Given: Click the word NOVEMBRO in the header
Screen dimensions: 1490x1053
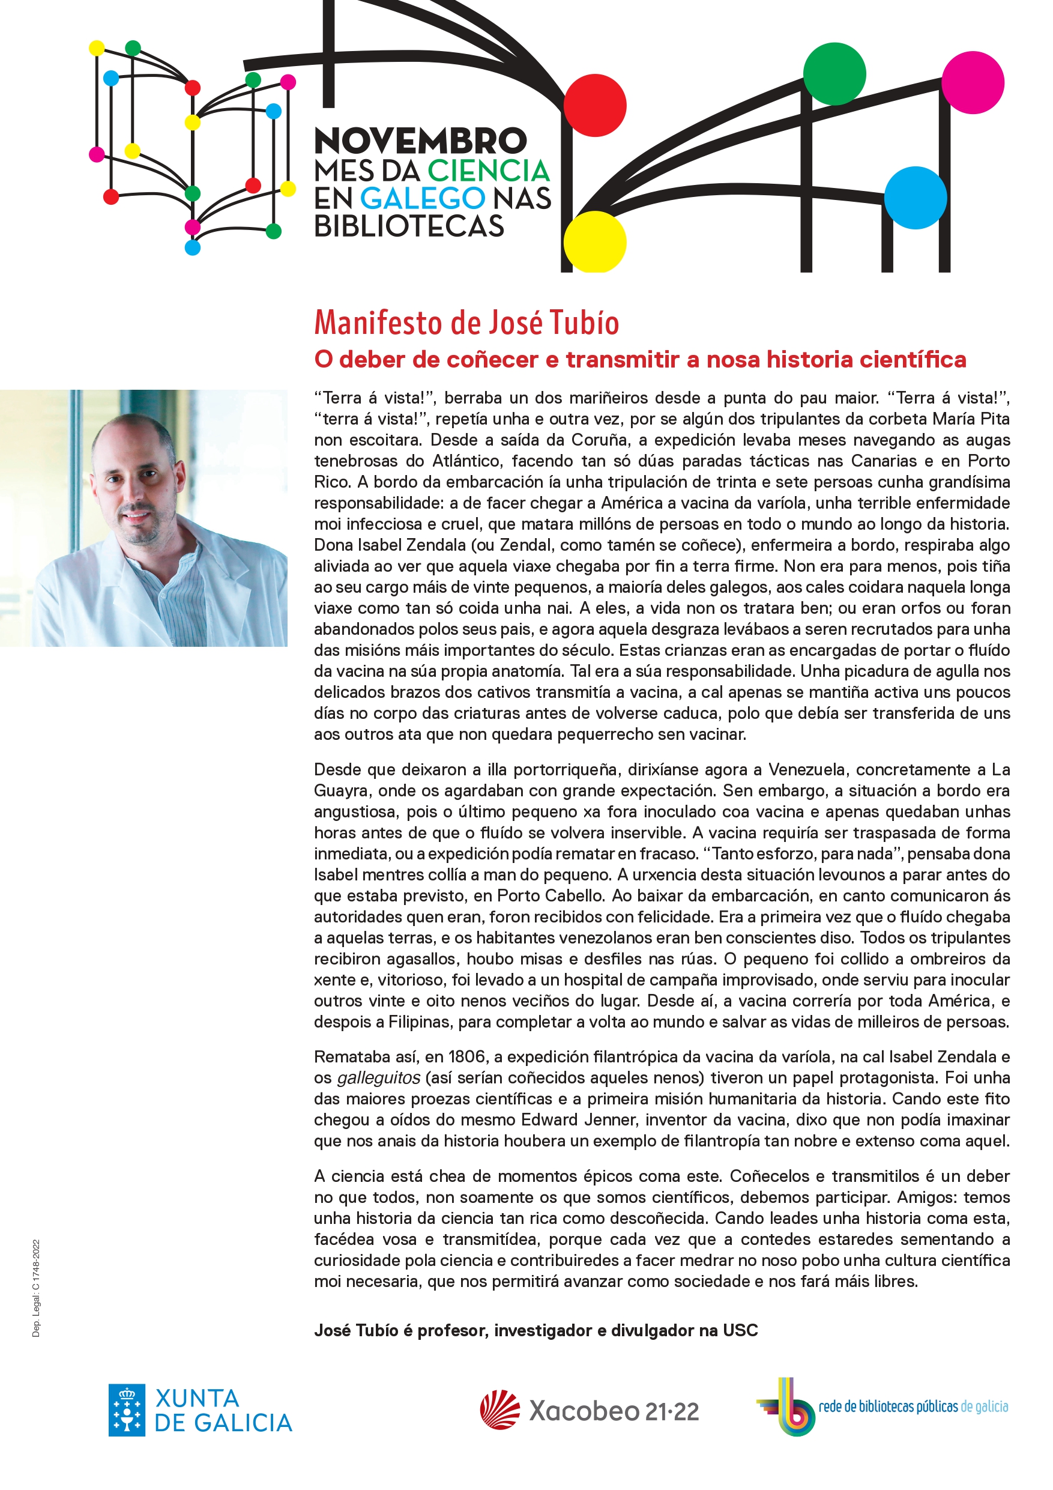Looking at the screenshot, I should tap(420, 141).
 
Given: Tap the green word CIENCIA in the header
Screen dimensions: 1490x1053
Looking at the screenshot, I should tap(488, 171).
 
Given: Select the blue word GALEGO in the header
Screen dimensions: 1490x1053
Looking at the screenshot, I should tap(423, 199).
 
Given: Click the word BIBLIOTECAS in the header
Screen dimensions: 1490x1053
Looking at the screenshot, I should tap(409, 226).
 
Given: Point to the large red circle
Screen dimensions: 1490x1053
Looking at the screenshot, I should tap(594, 105).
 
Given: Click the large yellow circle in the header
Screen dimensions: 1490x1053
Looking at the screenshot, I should tap(594, 242).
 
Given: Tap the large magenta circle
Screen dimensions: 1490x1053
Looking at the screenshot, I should tap(973, 82).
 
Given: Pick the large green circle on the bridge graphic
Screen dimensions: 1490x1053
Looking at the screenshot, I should tap(834, 73).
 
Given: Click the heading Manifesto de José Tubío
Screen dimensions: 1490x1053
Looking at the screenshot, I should tap(466, 323).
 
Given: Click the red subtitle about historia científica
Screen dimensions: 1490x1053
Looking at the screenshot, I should tap(640, 360).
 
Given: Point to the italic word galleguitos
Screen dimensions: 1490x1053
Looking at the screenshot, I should tap(378, 1078).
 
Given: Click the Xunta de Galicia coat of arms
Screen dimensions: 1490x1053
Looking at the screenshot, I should tap(127, 1410).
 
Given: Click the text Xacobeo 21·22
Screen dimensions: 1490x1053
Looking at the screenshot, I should tap(614, 1411).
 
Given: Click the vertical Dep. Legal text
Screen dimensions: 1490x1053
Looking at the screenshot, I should tap(37, 1288).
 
